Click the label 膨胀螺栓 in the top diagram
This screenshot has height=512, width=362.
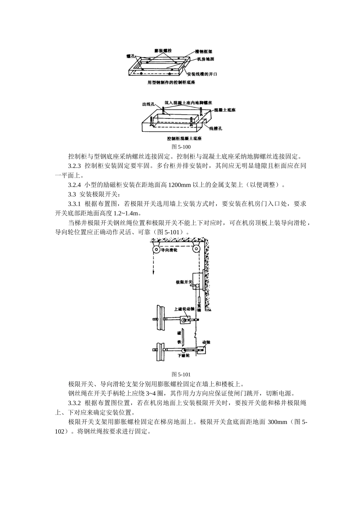(x=163, y=51)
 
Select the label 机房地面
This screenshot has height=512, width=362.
(x=206, y=59)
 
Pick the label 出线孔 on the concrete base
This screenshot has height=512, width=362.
(x=148, y=104)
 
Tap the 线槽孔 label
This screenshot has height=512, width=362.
(x=215, y=129)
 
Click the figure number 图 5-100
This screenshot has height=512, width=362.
(x=181, y=147)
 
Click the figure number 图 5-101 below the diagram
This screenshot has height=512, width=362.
(x=181, y=374)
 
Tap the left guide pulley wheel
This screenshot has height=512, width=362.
(x=156, y=250)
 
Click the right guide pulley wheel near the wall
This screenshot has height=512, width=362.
(x=196, y=250)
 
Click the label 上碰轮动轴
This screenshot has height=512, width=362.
(x=184, y=309)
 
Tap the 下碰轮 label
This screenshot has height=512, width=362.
(x=184, y=355)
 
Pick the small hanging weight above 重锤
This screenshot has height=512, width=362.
(x=199, y=298)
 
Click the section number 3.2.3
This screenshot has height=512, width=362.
(x=75, y=166)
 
